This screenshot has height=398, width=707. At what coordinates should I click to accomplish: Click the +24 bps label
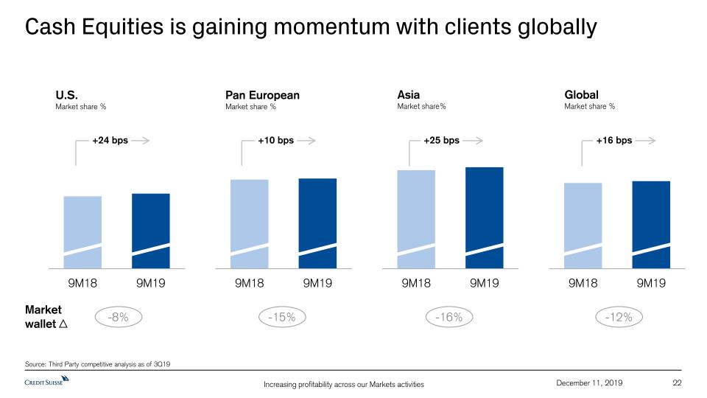pyautogui.click(x=110, y=140)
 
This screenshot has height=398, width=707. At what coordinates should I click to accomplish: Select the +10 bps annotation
pyautogui.click(x=275, y=140)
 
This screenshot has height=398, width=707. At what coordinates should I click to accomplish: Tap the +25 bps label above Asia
pyautogui.click(x=441, y=140)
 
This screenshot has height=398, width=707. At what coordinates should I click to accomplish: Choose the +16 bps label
pyautogui.click(x=613, y=140)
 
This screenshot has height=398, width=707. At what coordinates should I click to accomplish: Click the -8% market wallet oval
pyautogui.click(x=118, y=318)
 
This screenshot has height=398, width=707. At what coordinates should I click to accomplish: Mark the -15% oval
pyautogui.click(x=282, y=318)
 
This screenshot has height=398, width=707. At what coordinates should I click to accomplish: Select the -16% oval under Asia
pyautogui.click(x=449, y=318)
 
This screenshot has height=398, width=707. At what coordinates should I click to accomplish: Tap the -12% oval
pyautogui.click(x=619, y=318)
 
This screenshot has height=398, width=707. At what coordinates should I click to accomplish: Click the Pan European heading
pyautogui.click(x=262, y=95)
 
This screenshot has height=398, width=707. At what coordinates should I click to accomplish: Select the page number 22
pyautogui.click(x=678, y=381)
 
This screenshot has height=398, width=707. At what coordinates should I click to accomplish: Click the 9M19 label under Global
pyautogui.click(x=651, y=283)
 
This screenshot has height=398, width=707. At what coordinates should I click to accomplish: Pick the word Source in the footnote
pyautogui.click(x=36, y=366)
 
